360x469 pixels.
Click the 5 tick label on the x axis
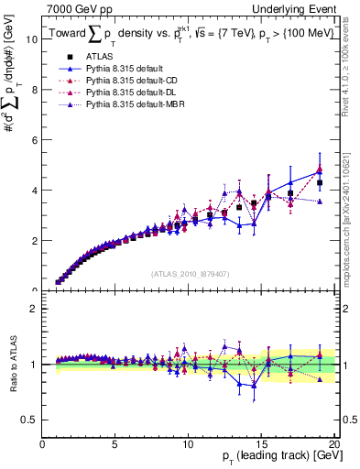click(115, 444)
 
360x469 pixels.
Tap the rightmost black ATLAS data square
click(320, 183)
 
